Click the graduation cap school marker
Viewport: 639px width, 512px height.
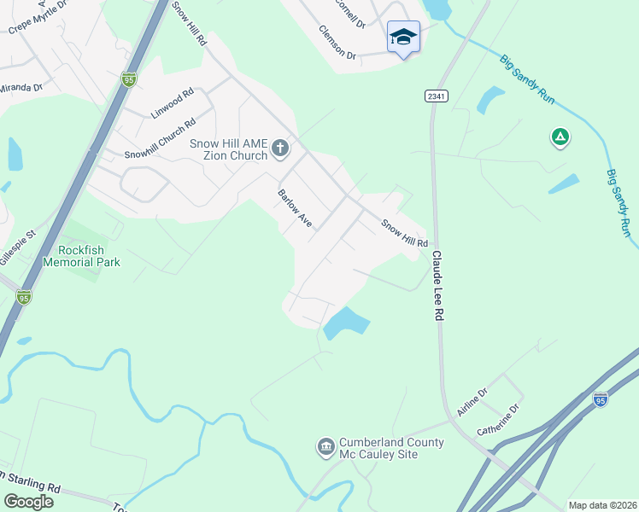tap(403, 38)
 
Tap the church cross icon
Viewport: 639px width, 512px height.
tap(279, 150)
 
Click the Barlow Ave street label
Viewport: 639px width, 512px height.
tap(295, 208)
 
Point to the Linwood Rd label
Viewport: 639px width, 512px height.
tap(173, 102)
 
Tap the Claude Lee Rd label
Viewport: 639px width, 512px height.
tap(438, 285)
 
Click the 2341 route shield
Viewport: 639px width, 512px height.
tap(435, 96)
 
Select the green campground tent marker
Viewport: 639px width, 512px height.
tap(560, 137)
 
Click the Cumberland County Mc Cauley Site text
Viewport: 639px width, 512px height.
tap(379, 448)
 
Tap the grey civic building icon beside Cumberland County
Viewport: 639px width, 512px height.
tap(325, 447)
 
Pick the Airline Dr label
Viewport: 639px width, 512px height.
tap(471, 402)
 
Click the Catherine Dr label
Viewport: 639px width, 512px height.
tap(499, 420)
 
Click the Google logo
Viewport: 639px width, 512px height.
tap(28, 501)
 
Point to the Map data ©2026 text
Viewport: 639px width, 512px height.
tap(601, 505)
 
